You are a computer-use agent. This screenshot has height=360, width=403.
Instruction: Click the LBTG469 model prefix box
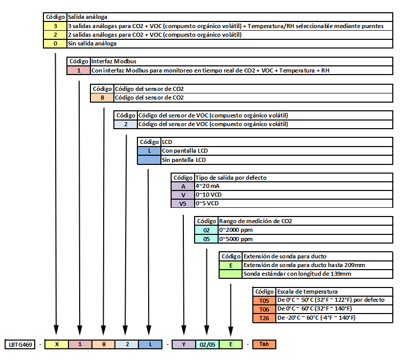[20, 344]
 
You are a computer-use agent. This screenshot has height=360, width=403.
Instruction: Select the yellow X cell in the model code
[57, 344]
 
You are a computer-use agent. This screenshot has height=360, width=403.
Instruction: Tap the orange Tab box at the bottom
[264, 344]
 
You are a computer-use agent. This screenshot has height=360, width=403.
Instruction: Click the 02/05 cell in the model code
[207, 344]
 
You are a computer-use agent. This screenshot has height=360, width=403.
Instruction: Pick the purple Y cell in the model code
[183, 344]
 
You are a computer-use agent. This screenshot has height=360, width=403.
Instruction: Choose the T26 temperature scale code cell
[264, 318]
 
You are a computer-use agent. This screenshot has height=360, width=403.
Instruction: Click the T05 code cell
[264, 301]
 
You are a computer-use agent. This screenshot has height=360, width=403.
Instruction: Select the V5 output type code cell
[183, 204]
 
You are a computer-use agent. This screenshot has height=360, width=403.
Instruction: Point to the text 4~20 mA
[207, 186]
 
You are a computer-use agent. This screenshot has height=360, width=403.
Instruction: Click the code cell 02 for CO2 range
[206, 230]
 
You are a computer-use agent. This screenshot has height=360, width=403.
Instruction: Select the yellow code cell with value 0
[55, 44]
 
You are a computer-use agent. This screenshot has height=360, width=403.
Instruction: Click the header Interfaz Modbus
[113, 61]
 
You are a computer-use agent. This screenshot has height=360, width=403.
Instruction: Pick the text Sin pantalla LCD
[184, 160]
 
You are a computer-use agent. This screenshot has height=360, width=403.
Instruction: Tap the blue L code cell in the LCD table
[149, 151]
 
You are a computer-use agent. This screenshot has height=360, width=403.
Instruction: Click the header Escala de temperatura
[307, 292]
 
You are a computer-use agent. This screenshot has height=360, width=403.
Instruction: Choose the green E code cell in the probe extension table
[231, 266]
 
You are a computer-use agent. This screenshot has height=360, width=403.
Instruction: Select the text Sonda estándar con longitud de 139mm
[297, 274]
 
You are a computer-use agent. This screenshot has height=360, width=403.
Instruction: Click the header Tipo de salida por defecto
[231, 178]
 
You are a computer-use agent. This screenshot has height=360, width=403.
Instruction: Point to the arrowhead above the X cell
[56, 330]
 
